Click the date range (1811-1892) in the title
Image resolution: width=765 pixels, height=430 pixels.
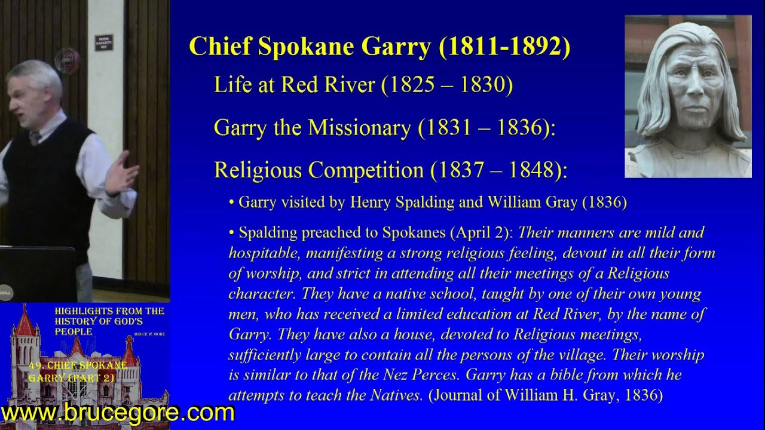[504, 47]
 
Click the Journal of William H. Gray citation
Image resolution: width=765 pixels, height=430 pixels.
[545, 395]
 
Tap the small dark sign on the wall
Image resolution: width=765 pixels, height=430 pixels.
[103, 42]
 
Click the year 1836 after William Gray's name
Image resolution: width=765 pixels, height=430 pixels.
[607, 202]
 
